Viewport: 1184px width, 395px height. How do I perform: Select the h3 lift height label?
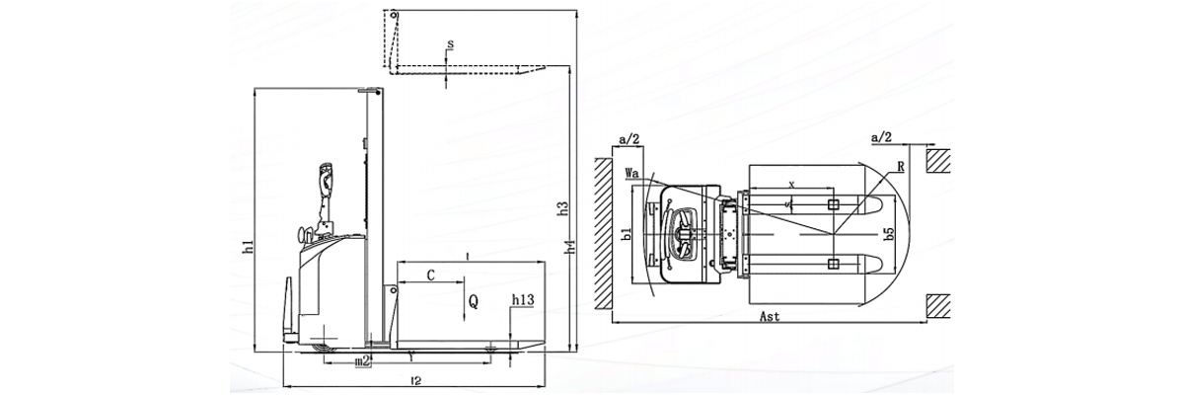point(562,208)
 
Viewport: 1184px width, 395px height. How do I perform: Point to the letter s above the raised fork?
point(450,45)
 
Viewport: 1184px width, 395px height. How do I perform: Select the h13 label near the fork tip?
point(524,300)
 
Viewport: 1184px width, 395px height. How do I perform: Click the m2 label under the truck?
point(362,362)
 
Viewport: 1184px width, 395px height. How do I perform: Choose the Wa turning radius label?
point(633,173)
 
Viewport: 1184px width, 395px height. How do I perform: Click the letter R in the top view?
point(903,168)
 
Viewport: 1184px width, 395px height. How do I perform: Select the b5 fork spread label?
point(889,234)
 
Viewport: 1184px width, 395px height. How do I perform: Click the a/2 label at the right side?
point(883,136)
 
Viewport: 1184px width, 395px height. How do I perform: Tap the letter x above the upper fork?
point(792,185)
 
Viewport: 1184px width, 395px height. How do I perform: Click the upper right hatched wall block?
point(939,159)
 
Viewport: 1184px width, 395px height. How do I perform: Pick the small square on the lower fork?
point(834,264)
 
